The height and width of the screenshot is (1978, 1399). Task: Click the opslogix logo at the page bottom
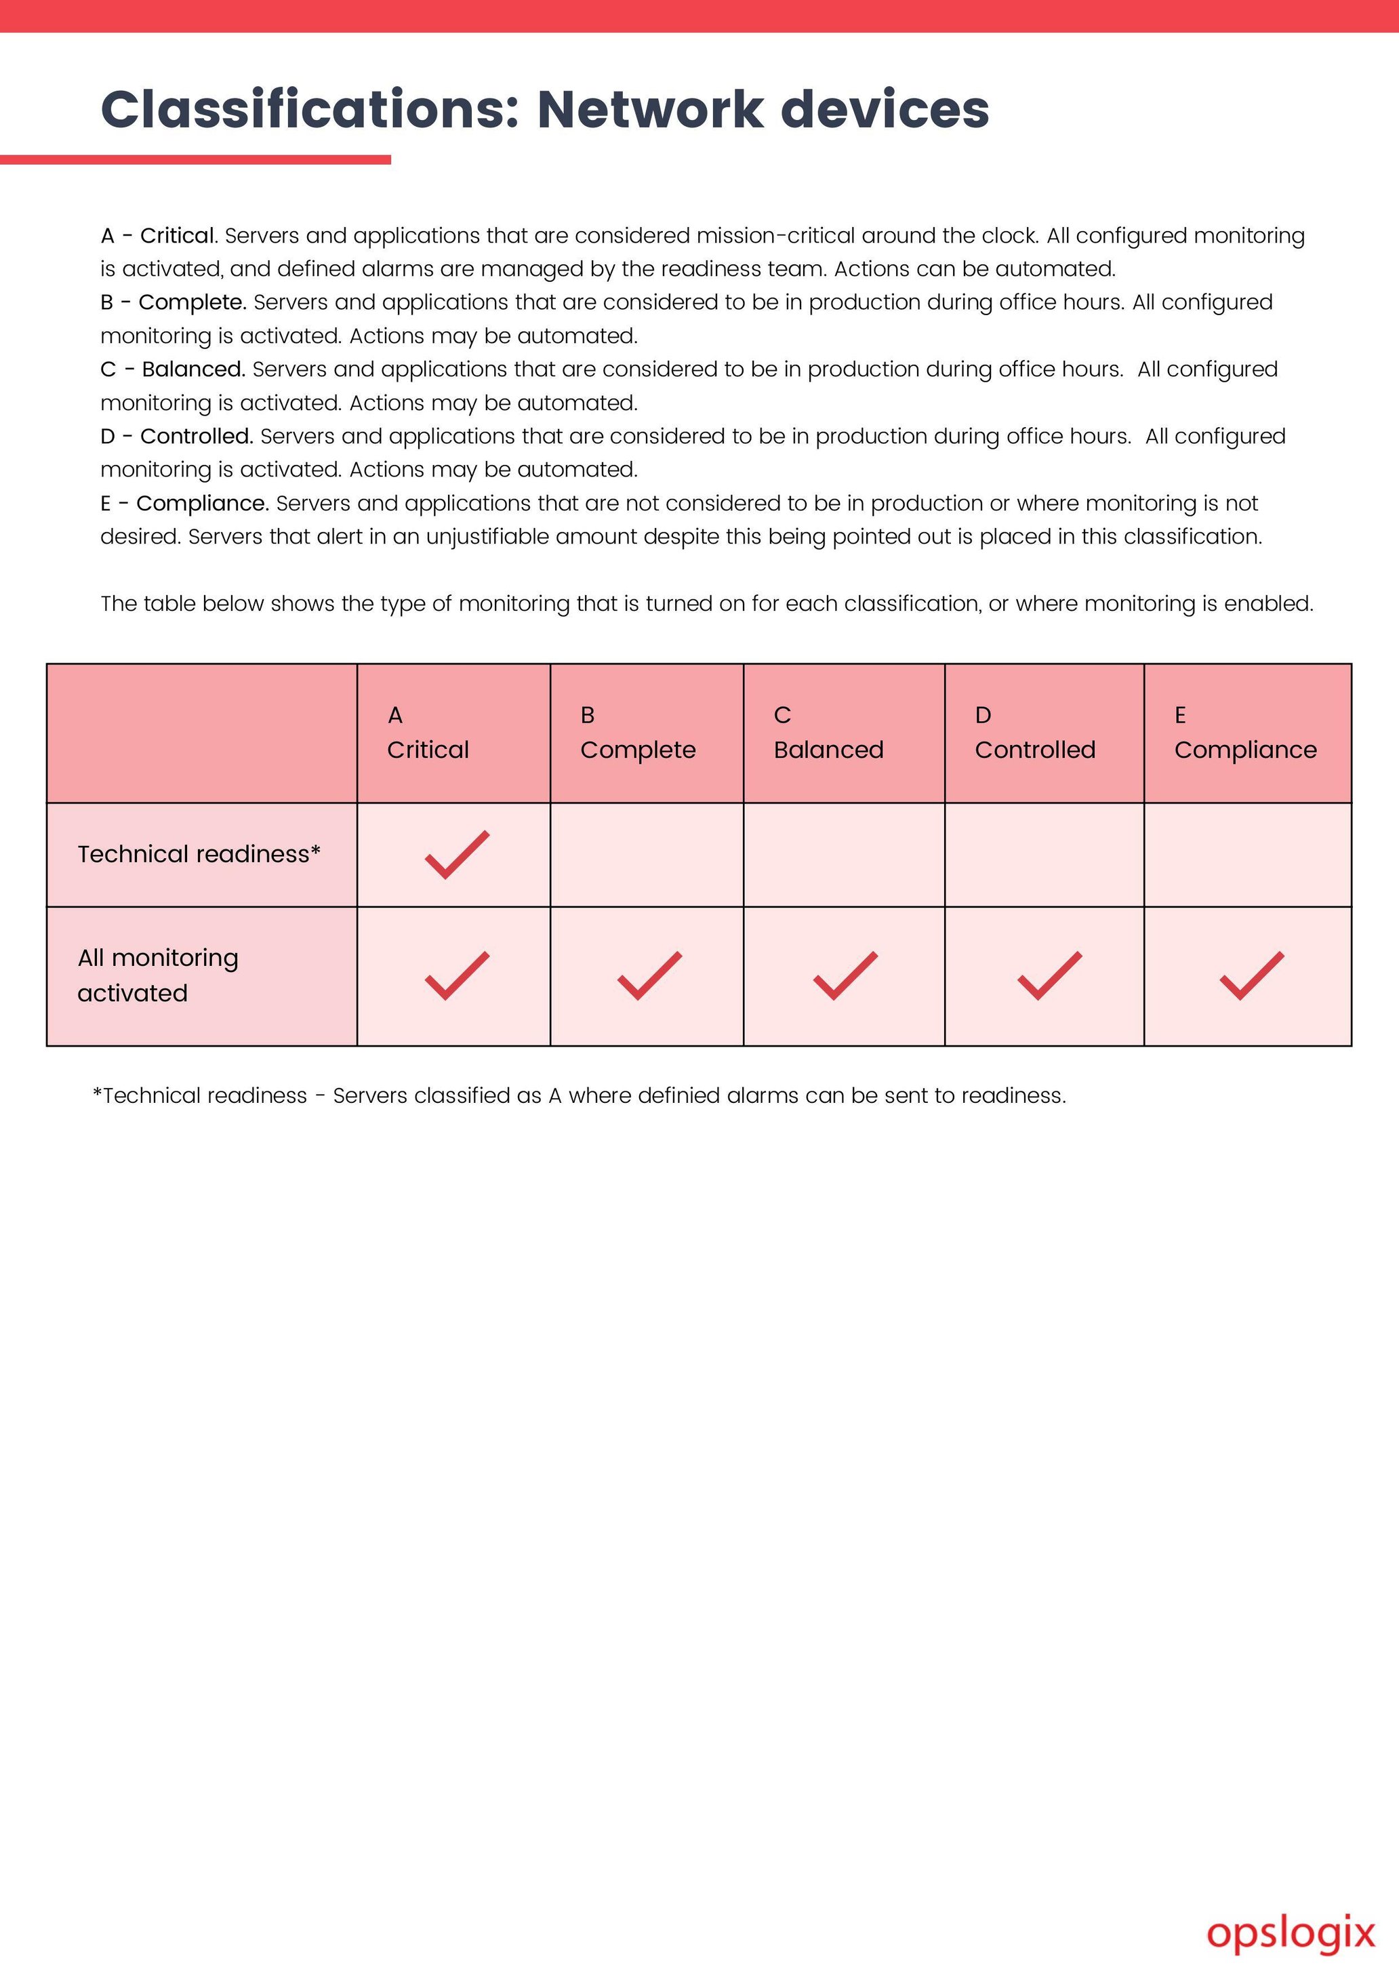(1291, 1933)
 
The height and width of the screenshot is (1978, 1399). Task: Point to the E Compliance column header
(1246, 733)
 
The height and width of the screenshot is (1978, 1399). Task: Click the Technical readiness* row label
(199, 853)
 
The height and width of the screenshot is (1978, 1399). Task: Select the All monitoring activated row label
(159, 975)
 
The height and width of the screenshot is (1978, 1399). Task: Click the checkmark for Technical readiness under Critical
(457, 855)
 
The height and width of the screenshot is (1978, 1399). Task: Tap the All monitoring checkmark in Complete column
(649, 976)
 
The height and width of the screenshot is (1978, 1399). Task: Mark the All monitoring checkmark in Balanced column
(845, 976)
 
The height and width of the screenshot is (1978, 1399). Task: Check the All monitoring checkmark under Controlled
(1049, 976)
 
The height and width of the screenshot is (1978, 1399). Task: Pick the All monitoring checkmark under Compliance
(1252, 976)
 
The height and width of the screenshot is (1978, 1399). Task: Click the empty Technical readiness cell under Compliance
(1247, 855)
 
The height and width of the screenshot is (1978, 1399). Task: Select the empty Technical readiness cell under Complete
(646, 855)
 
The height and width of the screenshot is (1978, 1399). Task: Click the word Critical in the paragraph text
(178, 236)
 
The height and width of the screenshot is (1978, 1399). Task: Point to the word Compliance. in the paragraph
(203, 503)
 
